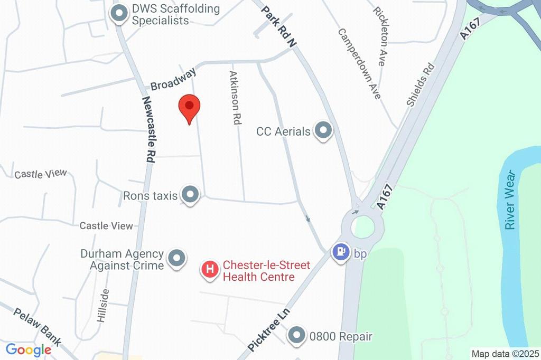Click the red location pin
pos(189,108)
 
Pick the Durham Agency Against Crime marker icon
pos(176,259)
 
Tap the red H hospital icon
pos(210,270)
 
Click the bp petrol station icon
pos(341,253)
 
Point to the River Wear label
pos(509,200)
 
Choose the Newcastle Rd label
pos(148,129)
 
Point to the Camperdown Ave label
pos(359,63)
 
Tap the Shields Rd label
pos(421,84)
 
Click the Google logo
pos(29,349)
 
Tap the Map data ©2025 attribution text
pos(505,354)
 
